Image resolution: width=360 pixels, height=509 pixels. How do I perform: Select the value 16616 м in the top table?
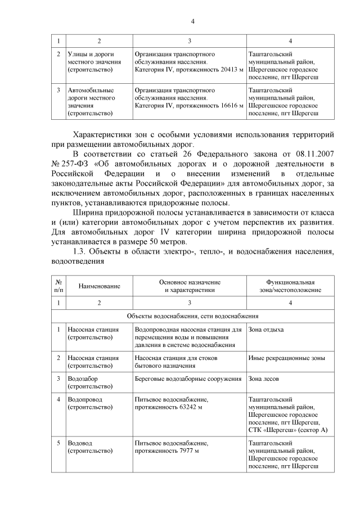click(229, 105)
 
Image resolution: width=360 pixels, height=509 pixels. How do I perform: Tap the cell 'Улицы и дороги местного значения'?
click(90, 62)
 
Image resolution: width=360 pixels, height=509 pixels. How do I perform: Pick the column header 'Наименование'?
click(100, 286)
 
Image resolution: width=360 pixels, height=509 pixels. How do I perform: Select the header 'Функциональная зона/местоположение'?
click(290, 286)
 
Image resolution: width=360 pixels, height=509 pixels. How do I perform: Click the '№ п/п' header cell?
click(58, 286)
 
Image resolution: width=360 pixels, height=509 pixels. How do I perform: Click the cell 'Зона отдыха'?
click(266, 329)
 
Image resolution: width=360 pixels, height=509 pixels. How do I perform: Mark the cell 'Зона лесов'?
click(263, 379)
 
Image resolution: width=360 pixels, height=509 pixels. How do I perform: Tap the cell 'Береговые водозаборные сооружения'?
click(188, 379)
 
